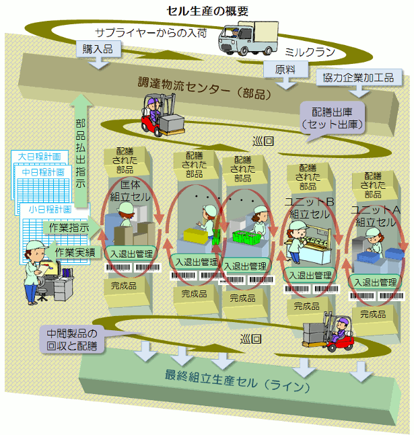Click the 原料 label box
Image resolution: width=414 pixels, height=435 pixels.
pyautogui.click(x=285, y=69)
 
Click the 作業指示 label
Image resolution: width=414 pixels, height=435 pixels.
pyautogui.click(x=69, y=228)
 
